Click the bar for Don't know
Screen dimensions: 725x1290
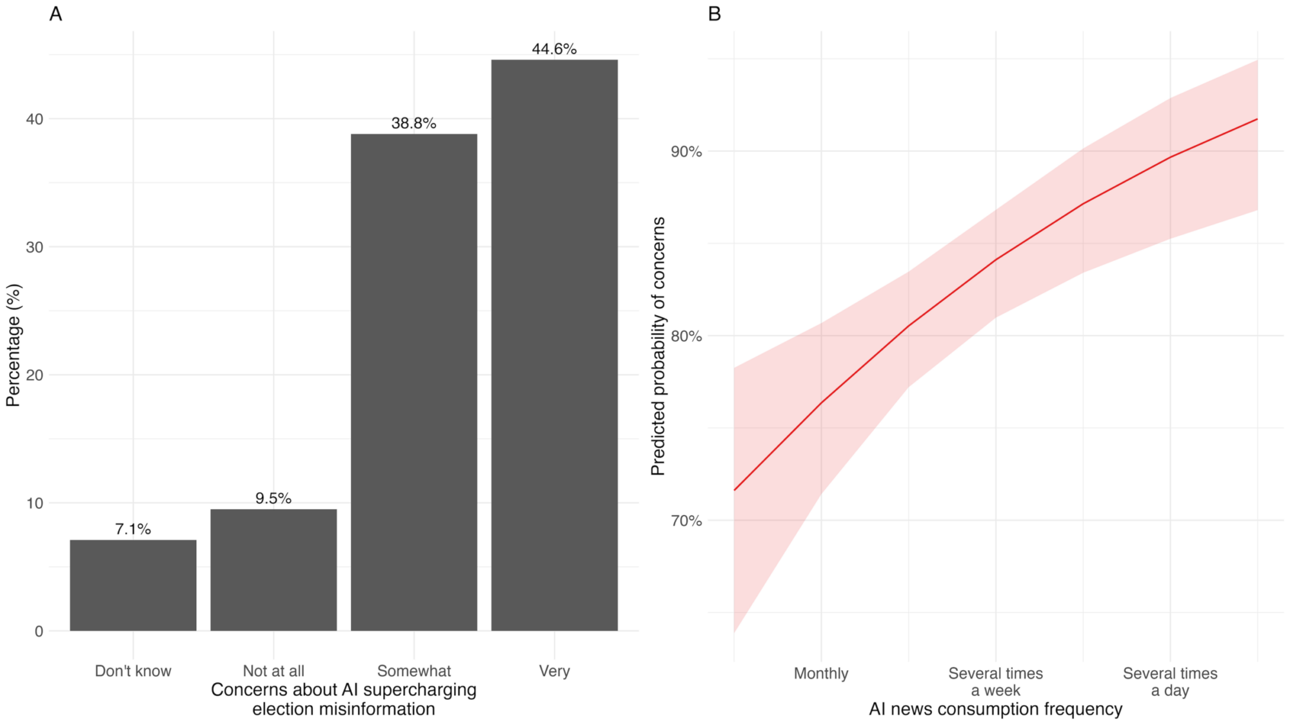[x=133, y=585]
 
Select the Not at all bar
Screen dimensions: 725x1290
[x=273, y=570]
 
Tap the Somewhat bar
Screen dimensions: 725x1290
[x=413, y=382]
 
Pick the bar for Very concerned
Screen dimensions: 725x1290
[x=554, y=345]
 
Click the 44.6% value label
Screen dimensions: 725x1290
[x=554, y=49]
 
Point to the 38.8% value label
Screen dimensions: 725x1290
[x=413, y=123]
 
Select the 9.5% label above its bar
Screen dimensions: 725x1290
[x=273, y=498]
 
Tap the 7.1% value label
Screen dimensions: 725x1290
[x=133, y=529]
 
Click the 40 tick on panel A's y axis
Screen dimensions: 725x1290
[x=34, y=119]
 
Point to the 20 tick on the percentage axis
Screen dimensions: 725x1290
[x=34, y=375]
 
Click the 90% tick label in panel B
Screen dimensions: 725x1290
[x=686, y=151]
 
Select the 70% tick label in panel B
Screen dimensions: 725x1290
[x=686, y=521]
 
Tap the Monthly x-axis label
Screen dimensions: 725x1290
[x=820, y=673]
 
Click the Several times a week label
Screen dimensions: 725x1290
[x=995, y=682]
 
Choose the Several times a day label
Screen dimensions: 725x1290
[x=1170, y=682]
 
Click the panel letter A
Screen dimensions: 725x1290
[x=55, y=14]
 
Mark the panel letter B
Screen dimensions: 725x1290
[x=714, y=14]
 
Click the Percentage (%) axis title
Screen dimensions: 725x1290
[x=14, y=345]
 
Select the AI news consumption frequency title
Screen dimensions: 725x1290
[x=995, y=709]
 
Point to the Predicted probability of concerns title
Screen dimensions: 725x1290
[x=658, y=346]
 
